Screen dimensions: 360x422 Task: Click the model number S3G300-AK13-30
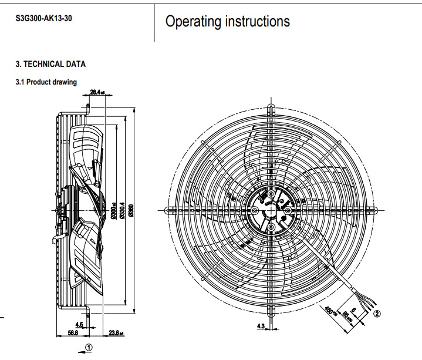(x=44, y=18)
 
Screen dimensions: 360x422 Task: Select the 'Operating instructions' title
(x=227, y=22)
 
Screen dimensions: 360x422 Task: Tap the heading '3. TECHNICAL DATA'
(x=50, y=64)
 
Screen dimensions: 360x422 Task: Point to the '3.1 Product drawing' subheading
(x=46, y=82)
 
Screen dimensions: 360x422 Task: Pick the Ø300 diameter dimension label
(x=113, y=211)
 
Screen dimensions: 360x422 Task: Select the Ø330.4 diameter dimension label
(x=122, y=211)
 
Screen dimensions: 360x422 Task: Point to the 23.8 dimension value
(x=115, y=333)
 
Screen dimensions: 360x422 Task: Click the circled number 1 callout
(x=89, y=347)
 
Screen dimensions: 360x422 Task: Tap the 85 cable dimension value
(x=346, y=318)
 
